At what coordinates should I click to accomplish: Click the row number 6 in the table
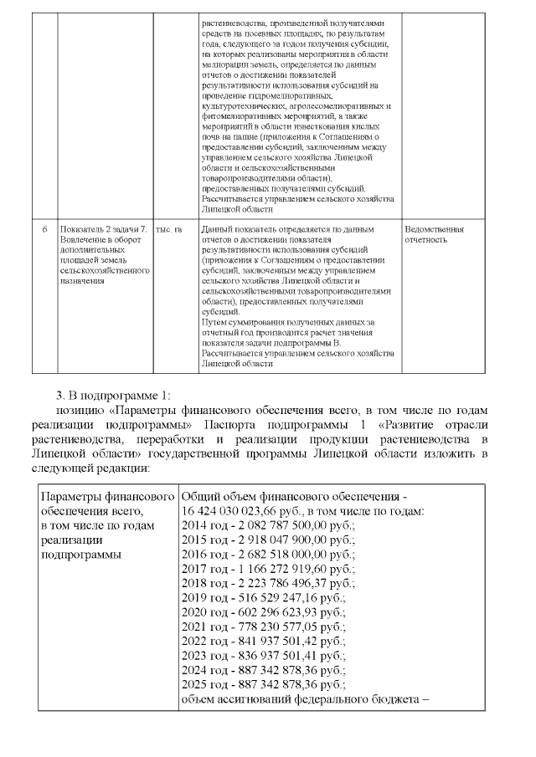coord(44,229)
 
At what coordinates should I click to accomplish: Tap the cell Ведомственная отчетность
coord(434,234)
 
